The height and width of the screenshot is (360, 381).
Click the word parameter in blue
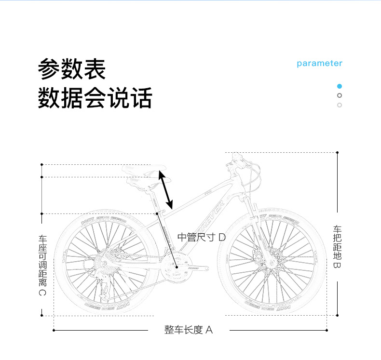(319, 64)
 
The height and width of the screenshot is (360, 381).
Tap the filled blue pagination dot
(340, 86)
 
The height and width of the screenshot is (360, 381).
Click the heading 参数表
(72, 69)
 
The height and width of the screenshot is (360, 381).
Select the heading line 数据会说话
(95, 98)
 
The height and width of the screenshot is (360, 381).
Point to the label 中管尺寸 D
(202, 237)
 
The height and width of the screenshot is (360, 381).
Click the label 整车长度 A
(188, 330)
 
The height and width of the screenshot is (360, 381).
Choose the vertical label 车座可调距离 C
(42, 266)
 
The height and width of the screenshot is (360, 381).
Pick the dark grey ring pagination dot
(340, 95)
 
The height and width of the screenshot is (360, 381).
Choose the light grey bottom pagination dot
(340, 105)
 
